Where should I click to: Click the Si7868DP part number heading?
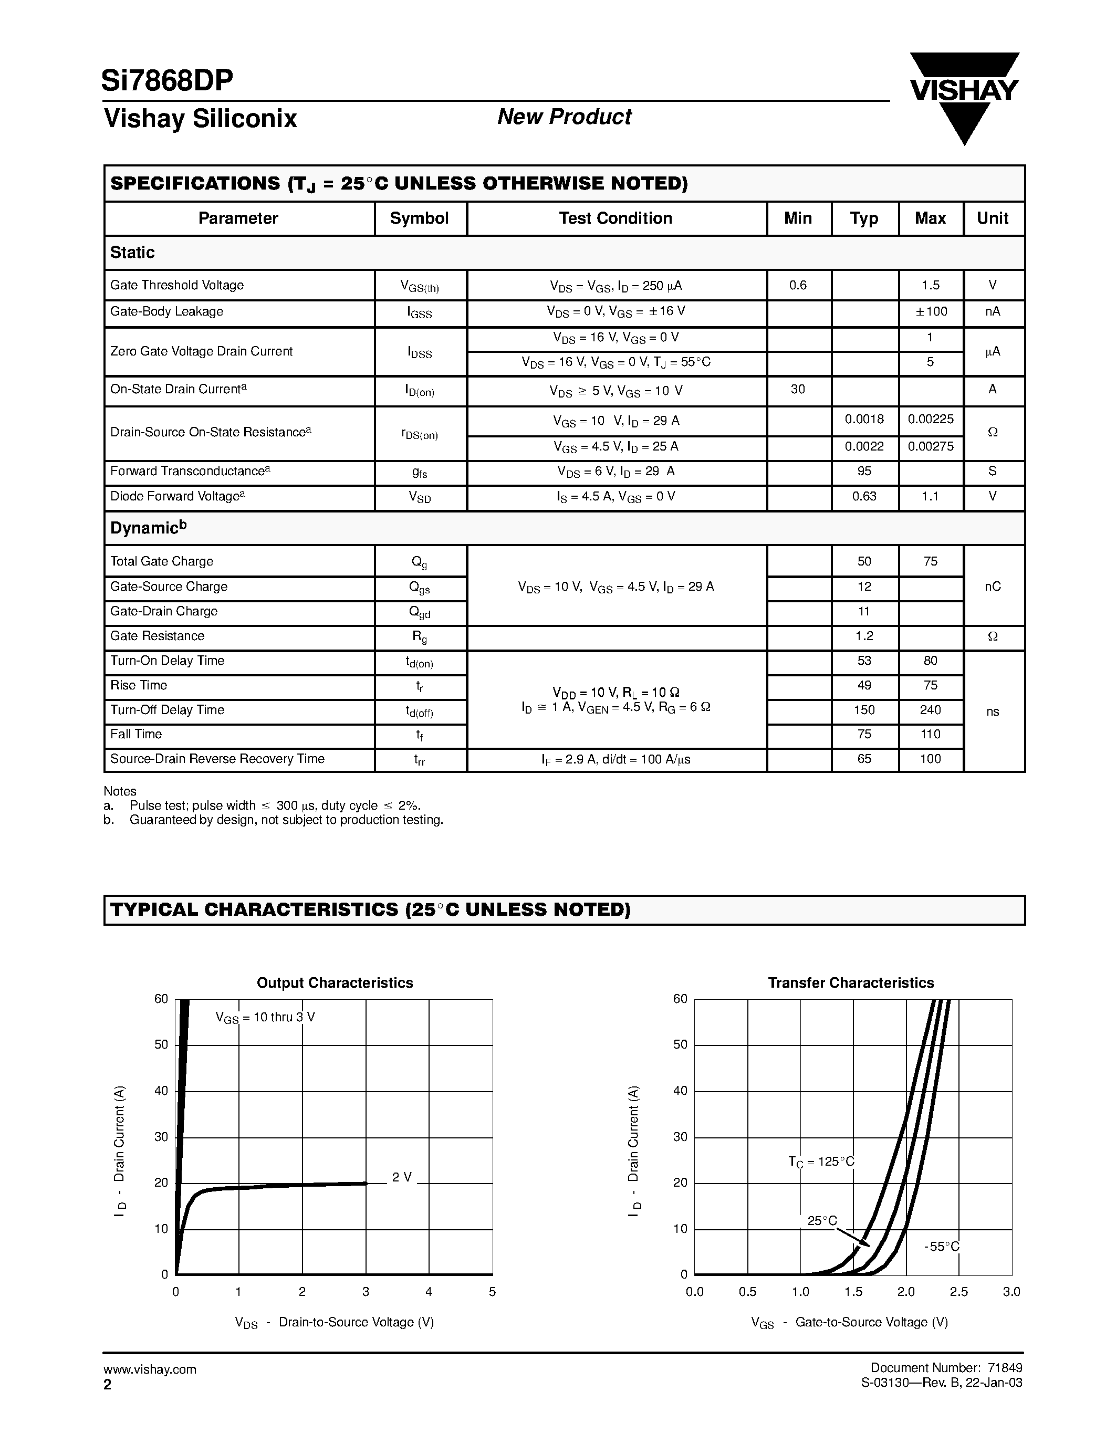pos(167,81)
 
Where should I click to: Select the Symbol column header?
pos(419,218)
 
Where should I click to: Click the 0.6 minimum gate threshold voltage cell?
pos(798,285)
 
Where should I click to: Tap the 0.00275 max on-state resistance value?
pos(930,446)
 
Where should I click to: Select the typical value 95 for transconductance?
pos(864,472)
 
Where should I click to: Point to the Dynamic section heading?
pos(148,528)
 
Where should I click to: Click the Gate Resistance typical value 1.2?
pos(864,636)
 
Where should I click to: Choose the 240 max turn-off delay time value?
pos(930,710)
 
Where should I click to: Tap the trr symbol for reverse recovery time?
pos(419,760)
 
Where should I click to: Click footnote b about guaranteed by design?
pos(273,820)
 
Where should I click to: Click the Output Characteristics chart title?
pos(335,983)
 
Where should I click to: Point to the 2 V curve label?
pos(401,1178)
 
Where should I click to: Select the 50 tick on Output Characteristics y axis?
pos(161,1044)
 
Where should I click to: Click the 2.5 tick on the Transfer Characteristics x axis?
pos(958,1292)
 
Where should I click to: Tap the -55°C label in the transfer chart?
pos(942,1247)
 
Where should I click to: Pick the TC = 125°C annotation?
pos(821,1162)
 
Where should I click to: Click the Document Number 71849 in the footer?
pos(946,1368)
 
